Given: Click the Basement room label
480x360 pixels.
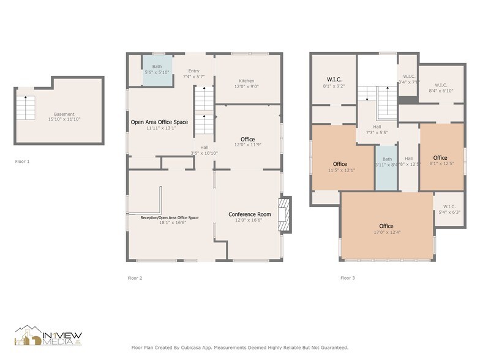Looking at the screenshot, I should coord(64,114).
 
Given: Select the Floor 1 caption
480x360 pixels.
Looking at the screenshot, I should coord(22,162).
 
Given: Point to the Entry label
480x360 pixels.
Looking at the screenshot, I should coord(193,71).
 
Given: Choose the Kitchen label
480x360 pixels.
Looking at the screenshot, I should coord(246,81).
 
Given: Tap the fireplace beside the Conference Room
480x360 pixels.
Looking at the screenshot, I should coord(285,215).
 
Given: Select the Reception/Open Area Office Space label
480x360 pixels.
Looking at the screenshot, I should coord(170,218).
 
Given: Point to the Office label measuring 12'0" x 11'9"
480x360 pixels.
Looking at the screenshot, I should coord(247,140).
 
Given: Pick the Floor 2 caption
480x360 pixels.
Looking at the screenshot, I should coord(135,278).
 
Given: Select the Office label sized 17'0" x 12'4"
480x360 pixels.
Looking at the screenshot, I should coord(386,226).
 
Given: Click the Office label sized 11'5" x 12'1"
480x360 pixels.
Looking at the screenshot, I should coord(340,164).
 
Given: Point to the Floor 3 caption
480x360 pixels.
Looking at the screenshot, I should coord(347,278).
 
